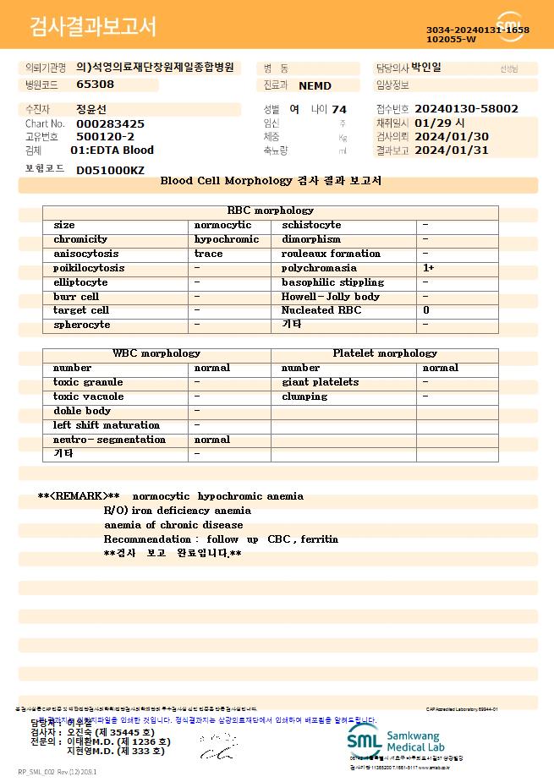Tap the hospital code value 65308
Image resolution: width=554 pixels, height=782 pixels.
(95, 85)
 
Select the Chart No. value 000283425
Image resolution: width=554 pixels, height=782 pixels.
(110, 123)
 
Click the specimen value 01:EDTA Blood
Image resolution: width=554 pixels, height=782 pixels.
(112, 150)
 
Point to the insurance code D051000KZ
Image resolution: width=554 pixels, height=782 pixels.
(110, 170)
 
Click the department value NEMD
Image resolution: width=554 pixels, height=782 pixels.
(315, 85)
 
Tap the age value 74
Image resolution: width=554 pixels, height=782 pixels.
(339, 109)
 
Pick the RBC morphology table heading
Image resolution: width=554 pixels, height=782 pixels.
(270, 211)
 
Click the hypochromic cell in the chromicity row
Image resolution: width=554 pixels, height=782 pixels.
(227, 239)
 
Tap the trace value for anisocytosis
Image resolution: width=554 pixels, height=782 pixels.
(209, 254)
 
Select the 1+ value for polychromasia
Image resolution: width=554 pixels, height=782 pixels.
(429, 268)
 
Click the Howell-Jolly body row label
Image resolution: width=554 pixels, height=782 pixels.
(331, 297)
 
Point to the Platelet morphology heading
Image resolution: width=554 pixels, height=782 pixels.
(385, 353)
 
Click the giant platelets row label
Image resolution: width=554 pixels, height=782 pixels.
(320, 382)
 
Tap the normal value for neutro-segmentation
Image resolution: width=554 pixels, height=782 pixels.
(212, 440)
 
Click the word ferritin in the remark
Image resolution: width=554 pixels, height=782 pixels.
(319, 539)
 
